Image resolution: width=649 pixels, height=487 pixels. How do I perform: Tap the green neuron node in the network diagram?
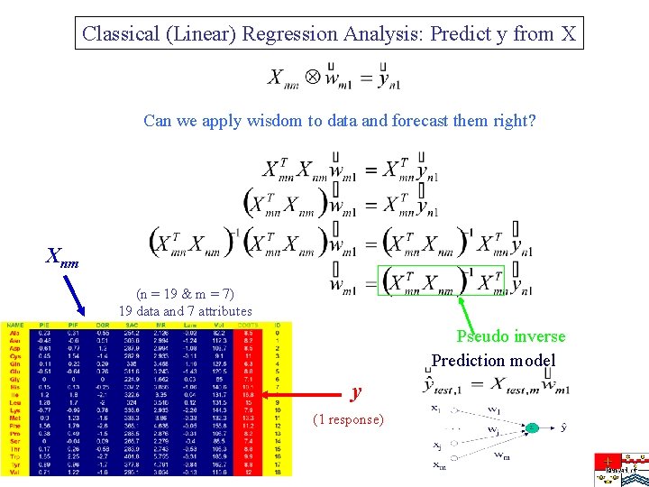[x=532, y=428]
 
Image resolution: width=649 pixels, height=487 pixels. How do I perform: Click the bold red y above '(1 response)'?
[x=356, y=392]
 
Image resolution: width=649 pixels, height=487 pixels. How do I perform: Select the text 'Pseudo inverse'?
[x=510, y=336]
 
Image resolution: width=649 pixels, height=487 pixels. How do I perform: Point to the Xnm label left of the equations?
[x=61, y=261]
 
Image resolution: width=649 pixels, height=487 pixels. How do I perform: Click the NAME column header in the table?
[x=14, y=324]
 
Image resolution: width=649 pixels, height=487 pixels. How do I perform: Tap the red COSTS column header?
[x=248, y=324]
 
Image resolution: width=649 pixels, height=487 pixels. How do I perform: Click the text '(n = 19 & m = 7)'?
[x=185, y=294]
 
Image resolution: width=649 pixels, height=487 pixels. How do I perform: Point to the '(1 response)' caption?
[x=347, y=419]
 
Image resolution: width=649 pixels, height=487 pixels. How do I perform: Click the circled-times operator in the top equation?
[x=311, y=76]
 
